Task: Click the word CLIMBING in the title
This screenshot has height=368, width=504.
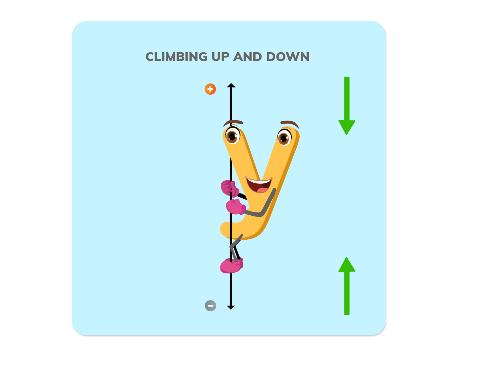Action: [x=176, y=57]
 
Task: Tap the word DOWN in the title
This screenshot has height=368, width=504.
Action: [x=288, y=57]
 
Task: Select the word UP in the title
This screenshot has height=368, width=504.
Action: [x=220, y=57]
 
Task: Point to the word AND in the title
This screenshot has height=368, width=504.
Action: [x=247, y=57]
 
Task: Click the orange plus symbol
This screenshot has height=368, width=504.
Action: [x=210, y=89]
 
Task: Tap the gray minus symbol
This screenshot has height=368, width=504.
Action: [x=210, y=306]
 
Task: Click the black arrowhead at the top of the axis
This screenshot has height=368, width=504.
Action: [x=231, y=85]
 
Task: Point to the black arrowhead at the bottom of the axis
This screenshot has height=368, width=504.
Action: [x=231, y=307]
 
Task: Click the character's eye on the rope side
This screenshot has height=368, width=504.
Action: [x=232, y=136]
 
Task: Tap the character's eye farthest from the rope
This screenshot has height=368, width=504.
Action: [x=284, y=138]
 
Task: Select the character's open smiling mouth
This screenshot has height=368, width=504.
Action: [x=259, y=185]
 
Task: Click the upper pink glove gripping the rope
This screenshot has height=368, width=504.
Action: [x=229, y=188]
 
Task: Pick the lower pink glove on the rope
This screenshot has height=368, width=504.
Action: [x=235, y=207]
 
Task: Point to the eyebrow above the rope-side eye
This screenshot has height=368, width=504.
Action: [x=233, y=122]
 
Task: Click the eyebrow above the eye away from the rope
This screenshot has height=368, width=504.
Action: [x=290, y=123]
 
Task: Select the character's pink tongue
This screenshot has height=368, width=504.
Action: [x=262, y=190]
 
